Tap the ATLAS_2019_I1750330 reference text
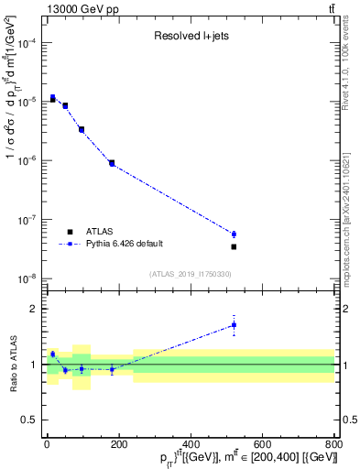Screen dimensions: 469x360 tap(190, 274)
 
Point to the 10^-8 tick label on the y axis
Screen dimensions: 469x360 tap(29, 278)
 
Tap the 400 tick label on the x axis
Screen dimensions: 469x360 tap(190, 446)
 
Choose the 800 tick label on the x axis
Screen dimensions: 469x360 tap(333, 446)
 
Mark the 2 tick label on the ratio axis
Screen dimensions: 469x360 tap(35, 309)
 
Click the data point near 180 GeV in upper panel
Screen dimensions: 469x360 tap(112, 163)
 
